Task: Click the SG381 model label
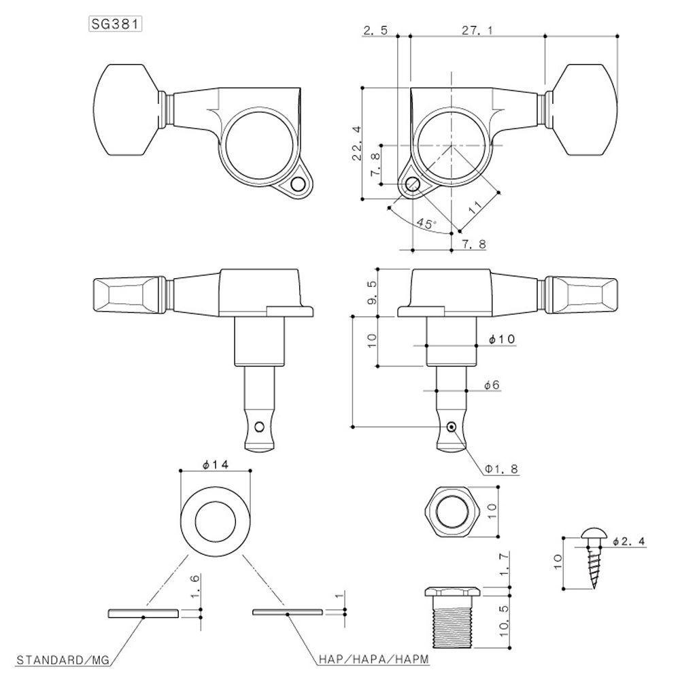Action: (116, 24)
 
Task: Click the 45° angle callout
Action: (426, 222)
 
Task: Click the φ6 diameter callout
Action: (492, 385)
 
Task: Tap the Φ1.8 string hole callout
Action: (501, 469)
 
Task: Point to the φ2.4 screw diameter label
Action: (628, 541)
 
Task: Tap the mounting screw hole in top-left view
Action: (297, 184)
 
